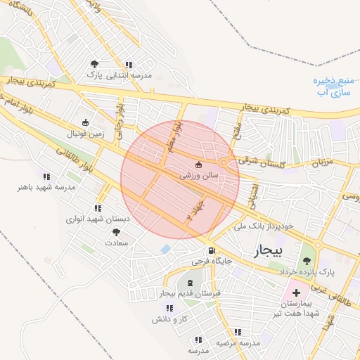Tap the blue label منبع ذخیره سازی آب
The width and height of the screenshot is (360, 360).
(334, 86)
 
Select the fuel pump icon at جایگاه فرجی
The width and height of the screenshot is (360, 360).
(210, 251)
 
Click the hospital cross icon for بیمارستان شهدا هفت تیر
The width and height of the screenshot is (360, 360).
(295, 292)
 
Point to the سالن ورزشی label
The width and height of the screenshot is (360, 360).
(200, 175)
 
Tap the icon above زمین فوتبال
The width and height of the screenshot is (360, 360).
(86, 122)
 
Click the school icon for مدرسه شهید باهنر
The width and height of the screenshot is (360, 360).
(46, 176)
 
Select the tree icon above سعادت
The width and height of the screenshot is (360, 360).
(116, 231)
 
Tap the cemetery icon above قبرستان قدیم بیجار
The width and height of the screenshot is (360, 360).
(189, 282)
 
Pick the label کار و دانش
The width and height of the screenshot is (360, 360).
(168, 319)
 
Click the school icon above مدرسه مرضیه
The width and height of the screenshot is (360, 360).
(237, 332)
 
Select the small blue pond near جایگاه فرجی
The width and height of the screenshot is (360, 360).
(165, 249)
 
